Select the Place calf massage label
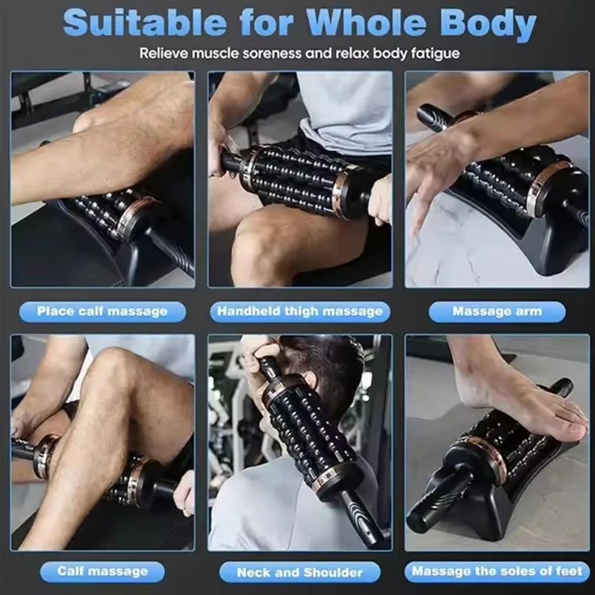(x=102, y=311)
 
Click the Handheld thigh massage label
(x=300, y=311)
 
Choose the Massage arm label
(x=497, y=311)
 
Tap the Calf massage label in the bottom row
(x=102, y=572)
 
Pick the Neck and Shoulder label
(x=300, y=573)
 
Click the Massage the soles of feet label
(x=497, y=572)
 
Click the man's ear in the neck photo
(x=311, y=381)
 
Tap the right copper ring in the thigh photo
(x=341, y=192)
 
